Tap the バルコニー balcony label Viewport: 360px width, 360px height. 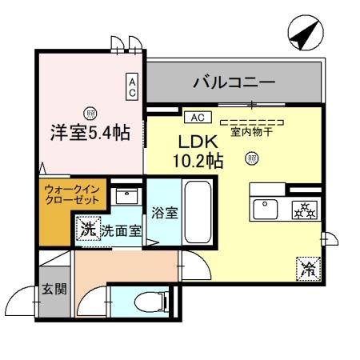coord(234,82)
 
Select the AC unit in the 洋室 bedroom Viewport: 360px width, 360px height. coord(133,86)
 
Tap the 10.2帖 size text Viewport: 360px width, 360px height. coord(195,160)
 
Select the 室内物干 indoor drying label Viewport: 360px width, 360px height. coord(251,131)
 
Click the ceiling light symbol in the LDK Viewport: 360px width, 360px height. coord(252,159)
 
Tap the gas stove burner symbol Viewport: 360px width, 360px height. coord(304,210)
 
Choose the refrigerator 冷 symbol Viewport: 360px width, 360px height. coord(307,270)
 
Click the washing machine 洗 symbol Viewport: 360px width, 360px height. coord(87,230)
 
